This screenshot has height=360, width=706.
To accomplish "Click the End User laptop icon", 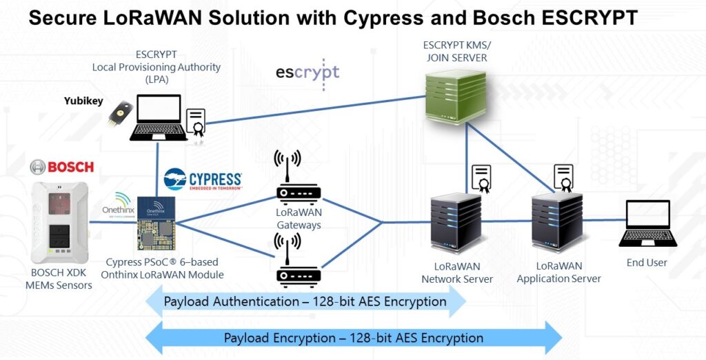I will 646,224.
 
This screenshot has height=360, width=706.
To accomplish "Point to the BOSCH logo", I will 61,168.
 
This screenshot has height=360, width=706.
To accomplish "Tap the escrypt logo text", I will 307,72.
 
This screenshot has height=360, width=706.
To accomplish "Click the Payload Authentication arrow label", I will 305,302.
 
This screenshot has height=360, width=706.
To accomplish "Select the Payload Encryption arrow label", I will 353,338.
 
